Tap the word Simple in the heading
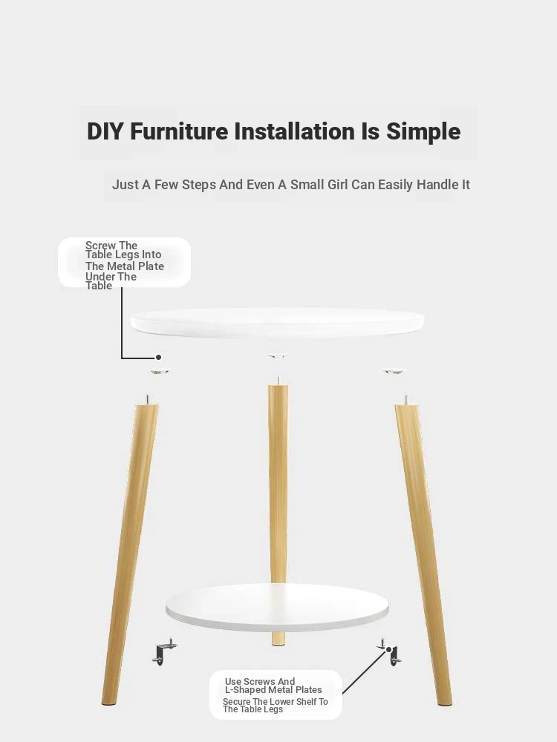pos(423,132)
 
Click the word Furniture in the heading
pos(179,131)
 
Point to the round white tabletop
pos(277,322)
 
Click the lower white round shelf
pos(277,607)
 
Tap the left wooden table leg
pos(130,554)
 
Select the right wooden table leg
pos(423,554)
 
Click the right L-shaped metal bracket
pos(391,652)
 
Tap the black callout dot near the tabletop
pos(159,357)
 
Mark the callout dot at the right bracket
pos(389,650)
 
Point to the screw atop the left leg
pos(147,399)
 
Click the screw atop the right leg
pos(405,399)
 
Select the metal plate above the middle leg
pos(276,355)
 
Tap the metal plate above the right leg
pos(393,371)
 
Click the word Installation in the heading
pos(295,131)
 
